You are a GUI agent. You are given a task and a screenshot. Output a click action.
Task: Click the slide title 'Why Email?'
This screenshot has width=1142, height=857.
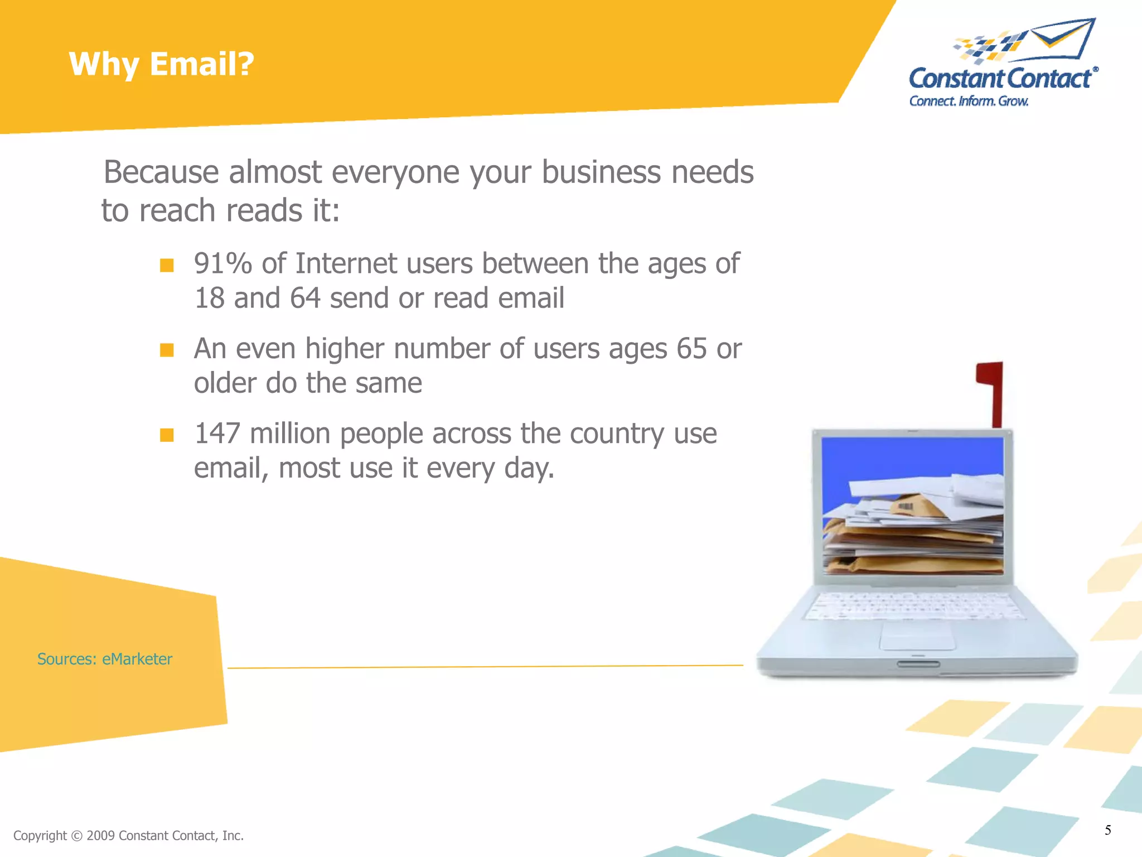coord(161,64)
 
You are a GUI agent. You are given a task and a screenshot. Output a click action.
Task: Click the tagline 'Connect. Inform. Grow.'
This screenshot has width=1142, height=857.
coord(969,101)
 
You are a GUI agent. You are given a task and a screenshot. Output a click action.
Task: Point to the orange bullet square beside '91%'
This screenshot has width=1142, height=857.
coord(167,264)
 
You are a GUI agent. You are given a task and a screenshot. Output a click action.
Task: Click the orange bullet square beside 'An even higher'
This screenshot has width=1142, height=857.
coord(167,350)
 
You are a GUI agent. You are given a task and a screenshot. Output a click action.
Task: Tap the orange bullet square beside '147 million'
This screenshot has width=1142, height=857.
coord(167,435)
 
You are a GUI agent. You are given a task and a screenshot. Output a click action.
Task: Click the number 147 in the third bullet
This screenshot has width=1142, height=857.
coord(217,434)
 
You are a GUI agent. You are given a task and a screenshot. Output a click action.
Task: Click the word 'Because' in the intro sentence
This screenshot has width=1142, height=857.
coord(161,172)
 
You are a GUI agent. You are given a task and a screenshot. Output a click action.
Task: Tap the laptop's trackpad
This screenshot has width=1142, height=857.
coord(917,636)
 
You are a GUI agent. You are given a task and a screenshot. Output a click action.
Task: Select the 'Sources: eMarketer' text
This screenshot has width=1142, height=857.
coord(105,659)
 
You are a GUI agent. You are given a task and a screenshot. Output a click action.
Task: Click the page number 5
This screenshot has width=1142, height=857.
coord(1107,830)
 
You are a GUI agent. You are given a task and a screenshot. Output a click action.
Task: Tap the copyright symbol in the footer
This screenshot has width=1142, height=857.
coord(77,836)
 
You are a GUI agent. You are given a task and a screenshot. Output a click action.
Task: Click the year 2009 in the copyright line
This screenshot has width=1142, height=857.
coord(101,836)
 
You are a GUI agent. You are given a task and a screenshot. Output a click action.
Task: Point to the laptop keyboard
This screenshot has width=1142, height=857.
coord(914,605)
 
